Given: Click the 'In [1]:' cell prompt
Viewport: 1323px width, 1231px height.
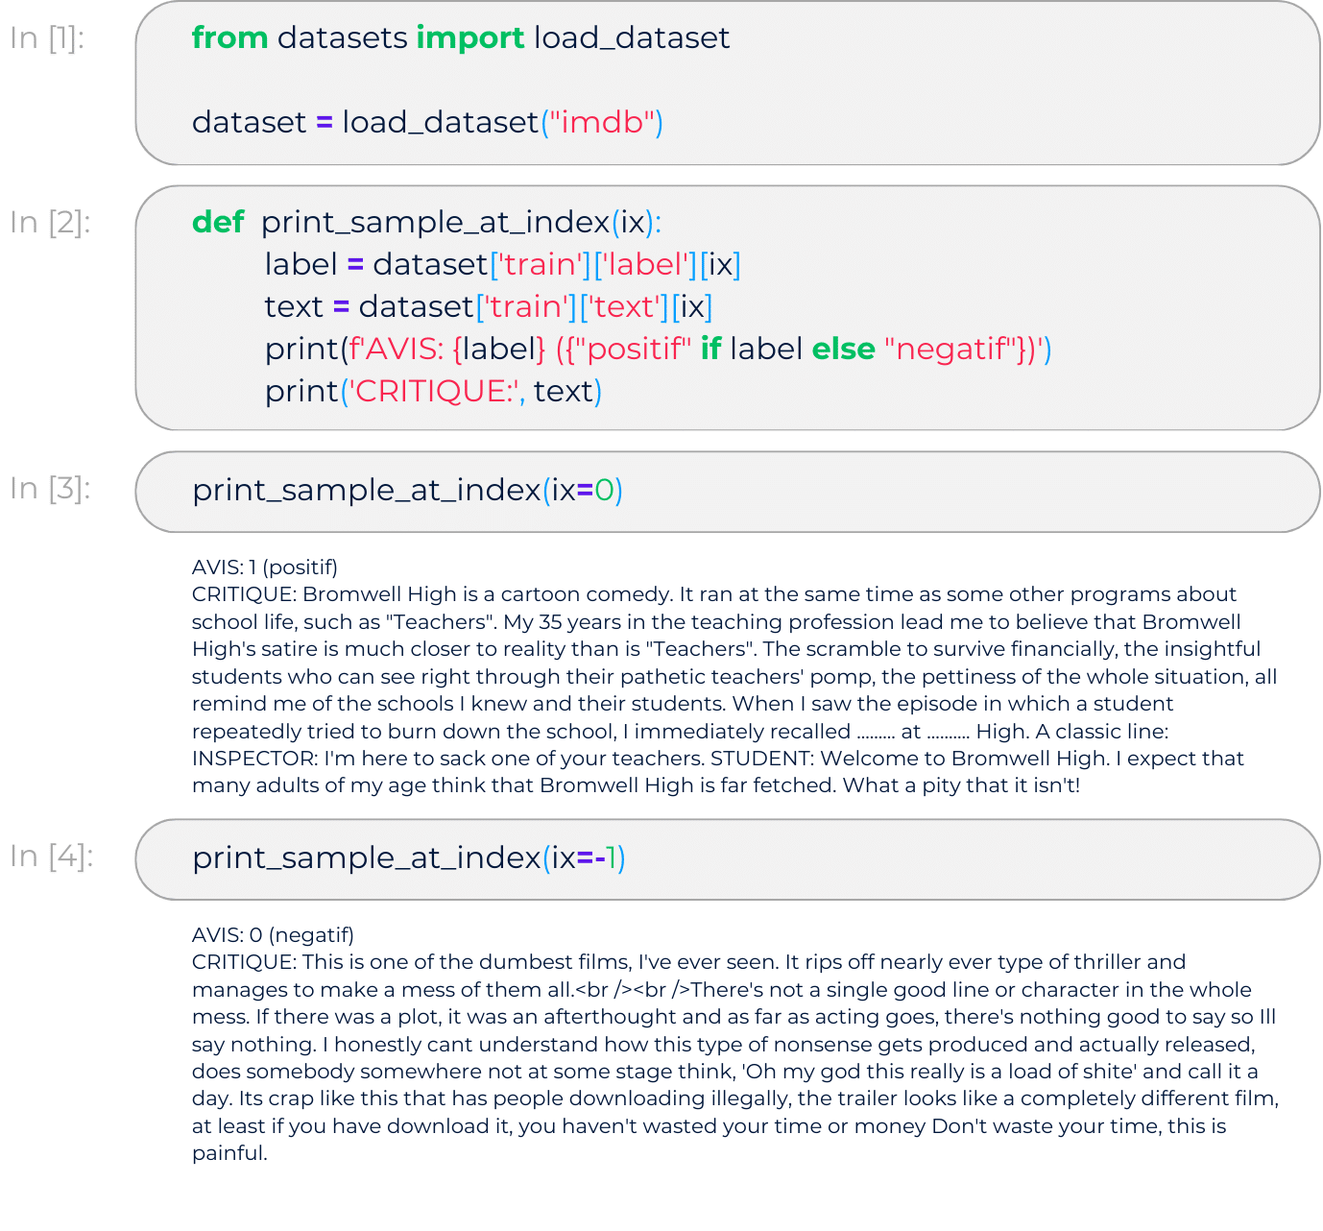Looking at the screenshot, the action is [47, 38].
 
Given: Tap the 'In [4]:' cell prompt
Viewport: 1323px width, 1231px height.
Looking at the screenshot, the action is [51, 857].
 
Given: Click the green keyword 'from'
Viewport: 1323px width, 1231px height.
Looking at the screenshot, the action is [229, 37].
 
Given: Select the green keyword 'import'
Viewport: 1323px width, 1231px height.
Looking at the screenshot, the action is [470, 38].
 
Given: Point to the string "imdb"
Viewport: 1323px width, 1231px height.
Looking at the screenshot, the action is [602, 123].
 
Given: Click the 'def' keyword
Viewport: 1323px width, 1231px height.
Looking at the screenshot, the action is [218, 222].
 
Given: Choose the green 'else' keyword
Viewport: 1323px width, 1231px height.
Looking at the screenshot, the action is [843, 350].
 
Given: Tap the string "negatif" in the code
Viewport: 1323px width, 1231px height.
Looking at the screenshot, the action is [950, 350].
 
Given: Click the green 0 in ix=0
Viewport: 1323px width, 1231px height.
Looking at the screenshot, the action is [604, 491].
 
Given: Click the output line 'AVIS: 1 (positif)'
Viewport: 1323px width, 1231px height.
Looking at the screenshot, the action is [265, 567].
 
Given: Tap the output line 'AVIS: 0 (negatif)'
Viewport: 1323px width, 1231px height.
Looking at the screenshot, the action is [273, 935].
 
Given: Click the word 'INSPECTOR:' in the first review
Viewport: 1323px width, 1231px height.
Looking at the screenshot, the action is [255, 759].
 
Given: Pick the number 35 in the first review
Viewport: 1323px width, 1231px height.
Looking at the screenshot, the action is [550, 622].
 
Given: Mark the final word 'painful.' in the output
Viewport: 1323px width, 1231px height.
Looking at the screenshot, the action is [229, 1154].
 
